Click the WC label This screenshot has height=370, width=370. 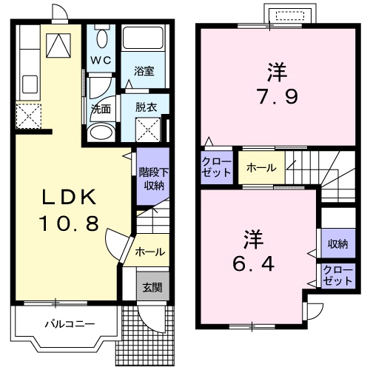(101, 58)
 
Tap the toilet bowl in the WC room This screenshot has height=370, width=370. (101, 37)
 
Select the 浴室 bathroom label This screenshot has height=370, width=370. (144, 72)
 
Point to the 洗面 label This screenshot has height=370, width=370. (101, 107)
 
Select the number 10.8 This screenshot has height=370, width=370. (68, 223)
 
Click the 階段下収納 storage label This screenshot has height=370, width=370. (150, 178)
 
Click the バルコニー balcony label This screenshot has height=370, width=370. (68, 324)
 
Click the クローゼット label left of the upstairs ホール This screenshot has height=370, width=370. (217, 168)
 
